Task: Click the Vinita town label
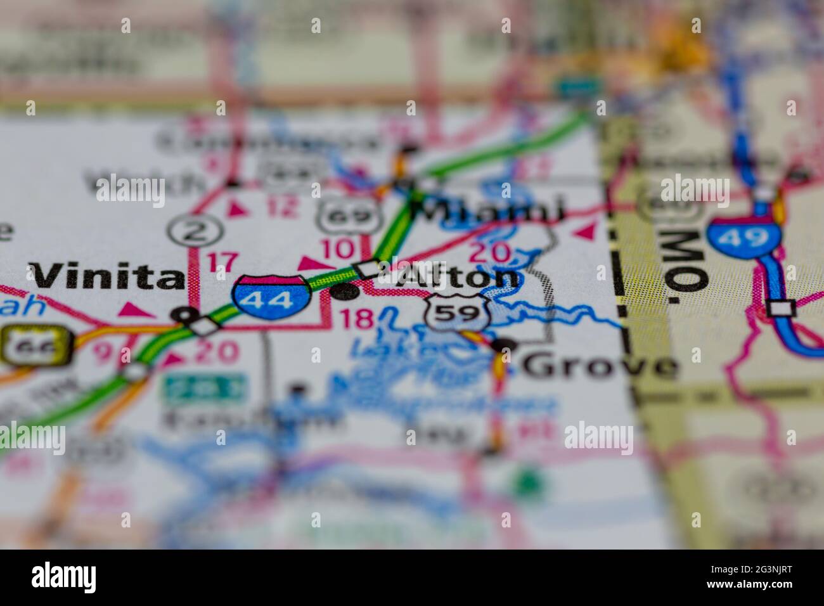point(105,277)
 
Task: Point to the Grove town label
point(600,366)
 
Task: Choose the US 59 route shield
point(456,312)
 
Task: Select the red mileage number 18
point(357,319)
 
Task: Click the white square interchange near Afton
point(368,269)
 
